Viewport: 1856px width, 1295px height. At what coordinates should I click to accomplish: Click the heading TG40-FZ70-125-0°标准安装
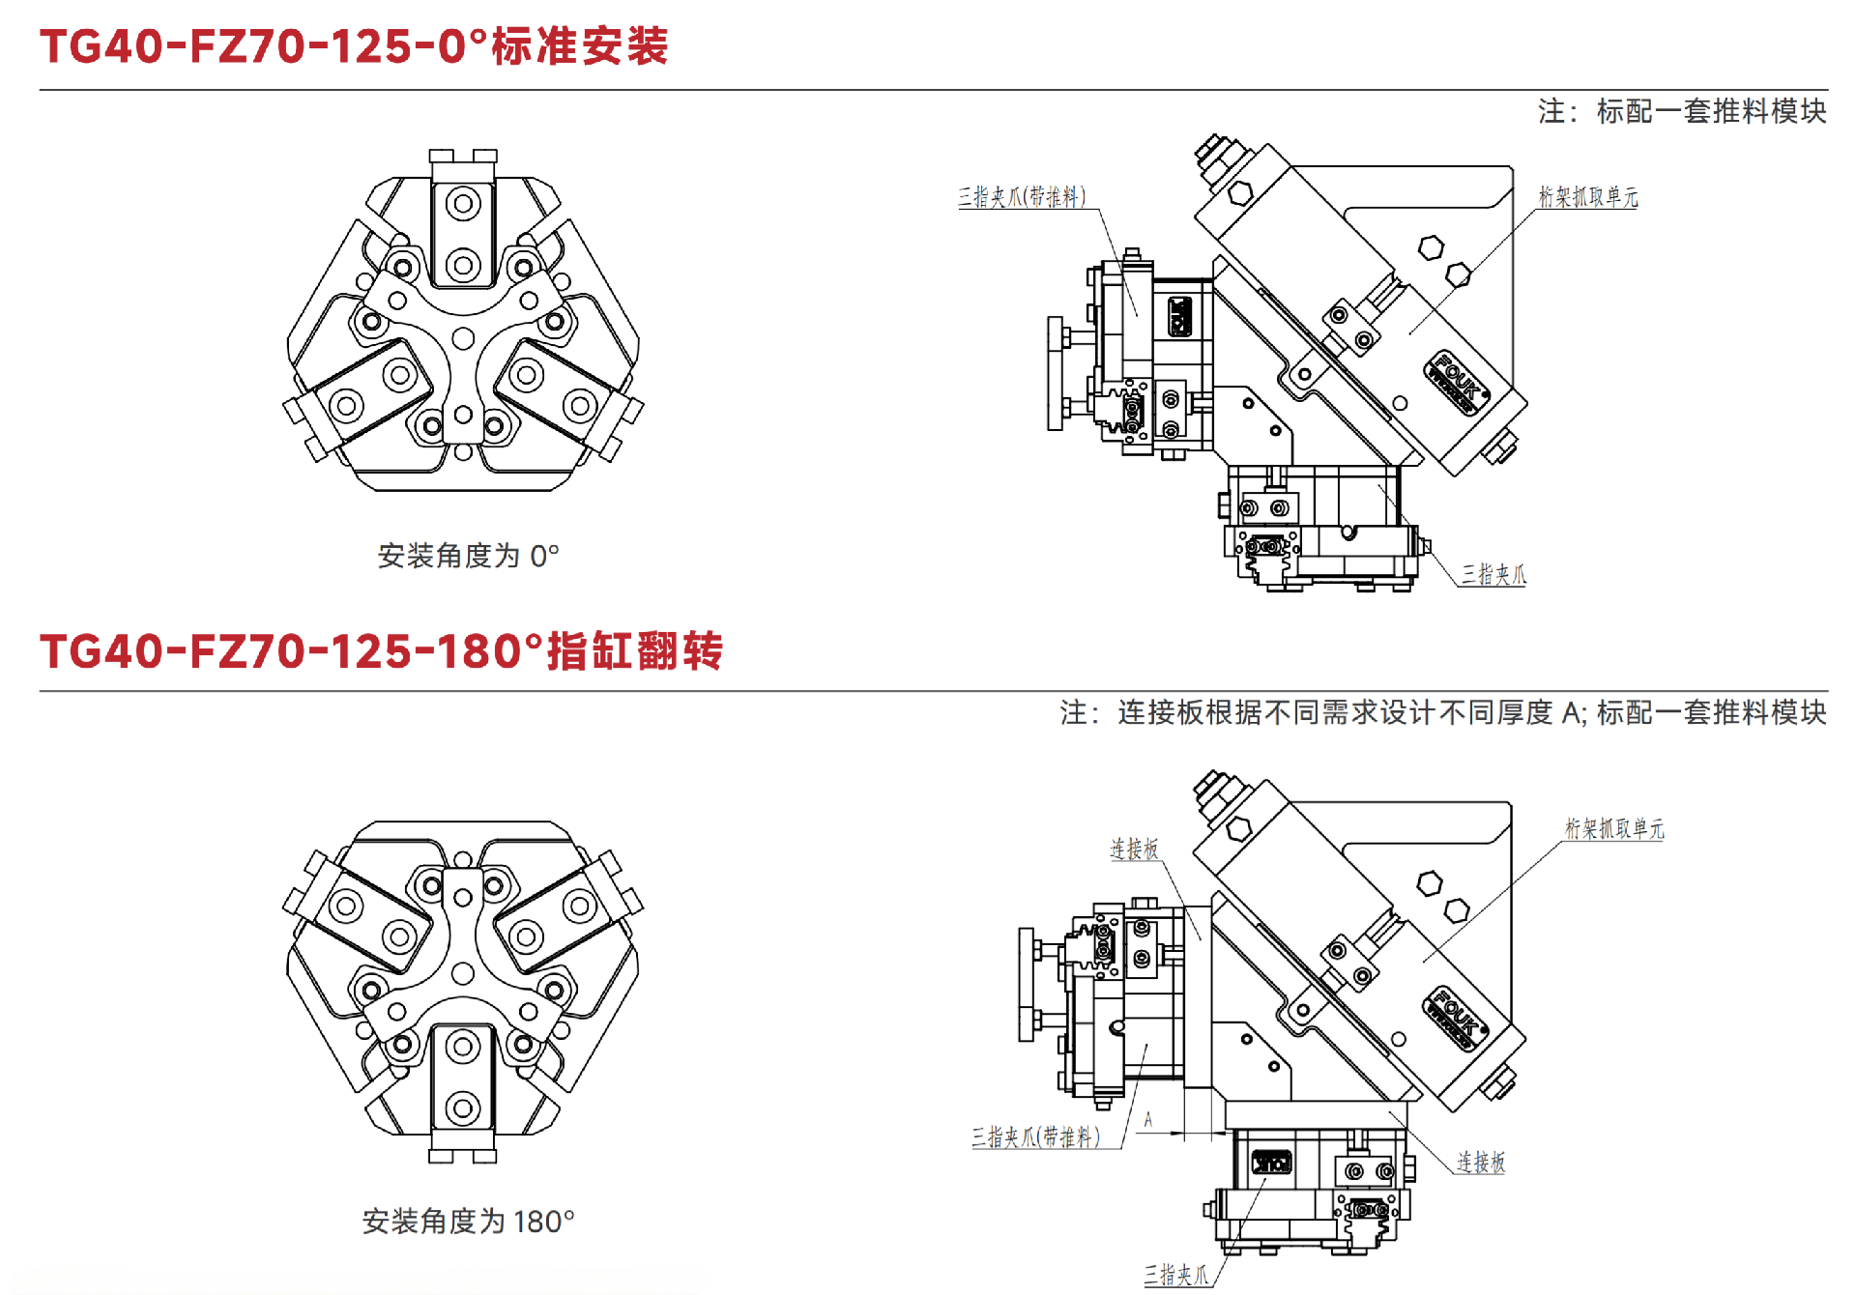354,45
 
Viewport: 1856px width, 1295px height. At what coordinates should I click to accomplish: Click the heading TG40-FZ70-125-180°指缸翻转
381,650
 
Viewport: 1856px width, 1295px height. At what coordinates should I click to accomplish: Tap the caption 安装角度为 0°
468,556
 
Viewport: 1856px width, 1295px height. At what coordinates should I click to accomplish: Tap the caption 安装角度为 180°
468,1222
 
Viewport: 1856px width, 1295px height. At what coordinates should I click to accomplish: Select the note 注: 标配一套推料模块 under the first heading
1682,111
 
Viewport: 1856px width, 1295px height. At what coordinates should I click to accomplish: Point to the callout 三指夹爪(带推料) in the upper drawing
1022,197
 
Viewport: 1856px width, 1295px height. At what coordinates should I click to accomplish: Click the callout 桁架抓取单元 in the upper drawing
1588,197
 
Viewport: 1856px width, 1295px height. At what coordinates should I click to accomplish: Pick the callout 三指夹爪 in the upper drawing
1493,575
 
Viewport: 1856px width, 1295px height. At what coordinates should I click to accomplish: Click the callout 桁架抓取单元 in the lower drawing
1614,828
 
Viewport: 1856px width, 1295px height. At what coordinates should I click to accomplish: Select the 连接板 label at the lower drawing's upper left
1134,849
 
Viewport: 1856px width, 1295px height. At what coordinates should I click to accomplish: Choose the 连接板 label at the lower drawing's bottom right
1481,1162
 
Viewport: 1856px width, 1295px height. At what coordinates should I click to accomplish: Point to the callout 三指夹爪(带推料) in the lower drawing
1035,1137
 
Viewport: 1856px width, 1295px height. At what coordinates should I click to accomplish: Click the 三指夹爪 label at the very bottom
1176,1275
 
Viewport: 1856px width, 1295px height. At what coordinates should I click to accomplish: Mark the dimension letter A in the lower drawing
1148,1120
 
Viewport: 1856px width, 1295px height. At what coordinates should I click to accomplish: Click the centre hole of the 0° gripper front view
463,338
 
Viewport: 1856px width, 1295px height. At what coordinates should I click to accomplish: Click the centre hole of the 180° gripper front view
463,973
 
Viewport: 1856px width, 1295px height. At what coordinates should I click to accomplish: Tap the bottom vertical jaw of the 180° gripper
463,1082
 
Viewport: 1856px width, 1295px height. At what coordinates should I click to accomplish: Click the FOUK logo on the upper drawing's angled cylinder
1456,381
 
